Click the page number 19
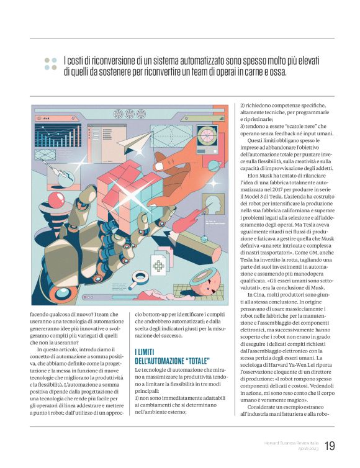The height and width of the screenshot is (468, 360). [330, 445]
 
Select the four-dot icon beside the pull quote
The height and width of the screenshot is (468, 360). [50, 64]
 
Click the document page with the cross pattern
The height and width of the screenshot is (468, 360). [160, 266]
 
